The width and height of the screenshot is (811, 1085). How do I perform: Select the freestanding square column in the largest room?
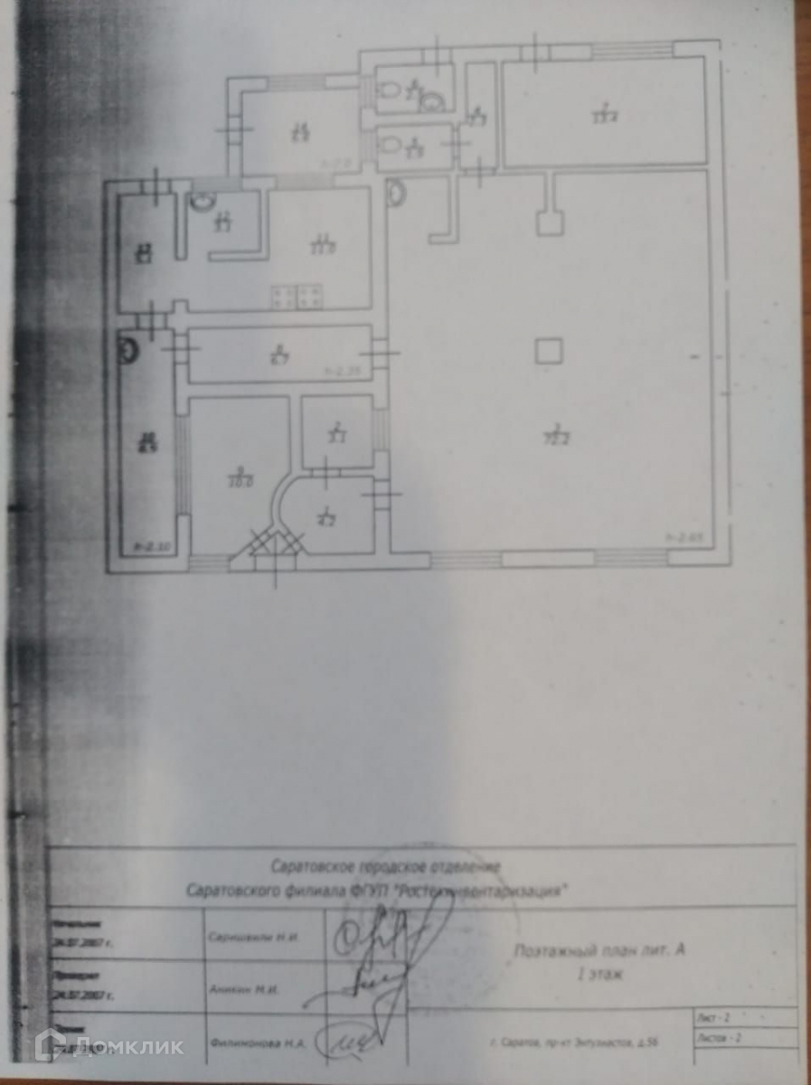pyautogui.click(x=548, y=351)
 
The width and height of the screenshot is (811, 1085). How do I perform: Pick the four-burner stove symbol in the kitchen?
pyautogui.click(x=297, y=296)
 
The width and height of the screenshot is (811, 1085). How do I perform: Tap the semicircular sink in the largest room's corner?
pyautogui.click(x=396, y=193)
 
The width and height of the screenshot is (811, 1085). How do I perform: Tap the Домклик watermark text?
pyautogui.click(x=127, y=1047)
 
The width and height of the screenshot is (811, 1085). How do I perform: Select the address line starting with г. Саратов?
pyautogui.click(x=583, y=1043)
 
